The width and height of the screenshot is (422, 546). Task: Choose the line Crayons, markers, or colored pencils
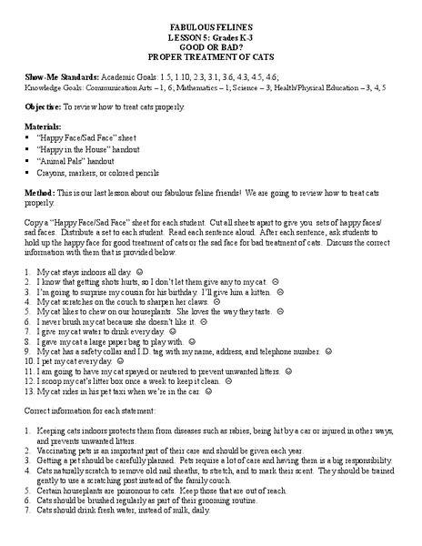click(88, 171)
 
